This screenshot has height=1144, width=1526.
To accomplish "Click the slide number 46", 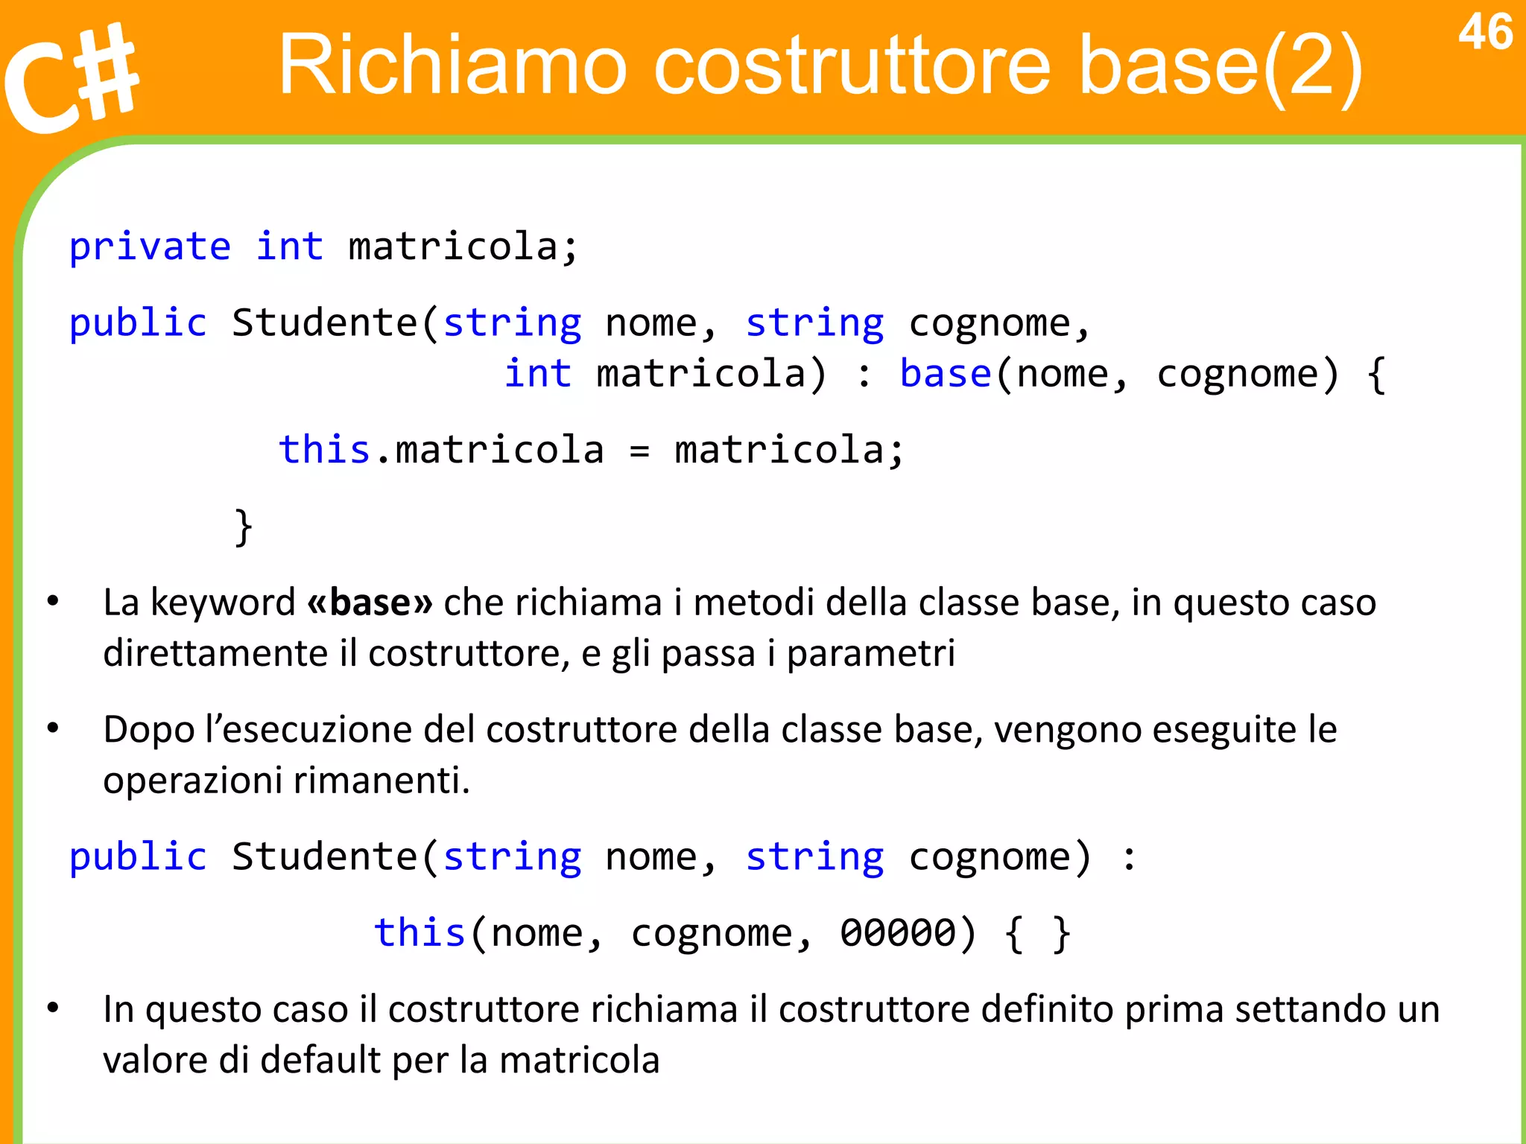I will (1485, 33).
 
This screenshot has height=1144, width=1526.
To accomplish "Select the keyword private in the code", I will (150, 247).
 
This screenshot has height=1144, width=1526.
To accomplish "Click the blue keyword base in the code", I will (945, 373).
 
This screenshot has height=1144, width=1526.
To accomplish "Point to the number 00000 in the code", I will (898, 932).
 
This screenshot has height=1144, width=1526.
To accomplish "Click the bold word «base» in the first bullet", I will (370, 602).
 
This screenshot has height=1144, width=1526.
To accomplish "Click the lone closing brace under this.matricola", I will (244, 527).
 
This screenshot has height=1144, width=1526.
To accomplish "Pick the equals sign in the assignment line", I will (639, 451).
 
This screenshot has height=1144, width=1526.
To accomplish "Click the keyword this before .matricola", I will (324, 450).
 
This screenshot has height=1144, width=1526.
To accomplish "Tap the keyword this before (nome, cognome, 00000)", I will (420, 932).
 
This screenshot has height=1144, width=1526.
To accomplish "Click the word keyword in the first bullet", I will (223, 602).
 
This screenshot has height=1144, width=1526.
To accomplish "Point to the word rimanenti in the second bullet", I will (381, 781).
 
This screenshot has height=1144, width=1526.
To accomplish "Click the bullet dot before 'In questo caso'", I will (53, 1008).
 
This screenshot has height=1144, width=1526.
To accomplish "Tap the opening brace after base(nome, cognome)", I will (1376, 375).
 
